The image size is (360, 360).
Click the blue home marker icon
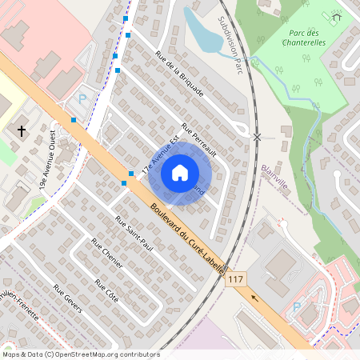[x=180, y=173]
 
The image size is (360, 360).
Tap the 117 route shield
[x=235, y=279]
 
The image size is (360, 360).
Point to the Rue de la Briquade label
[x=180, y=74]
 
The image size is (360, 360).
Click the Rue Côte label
[x=106, y=290]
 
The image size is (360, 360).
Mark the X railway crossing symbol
[x=257, y=137]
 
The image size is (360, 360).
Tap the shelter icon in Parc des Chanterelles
[x=337, y=16]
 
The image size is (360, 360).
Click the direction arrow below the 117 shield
[x=256, y=297]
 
